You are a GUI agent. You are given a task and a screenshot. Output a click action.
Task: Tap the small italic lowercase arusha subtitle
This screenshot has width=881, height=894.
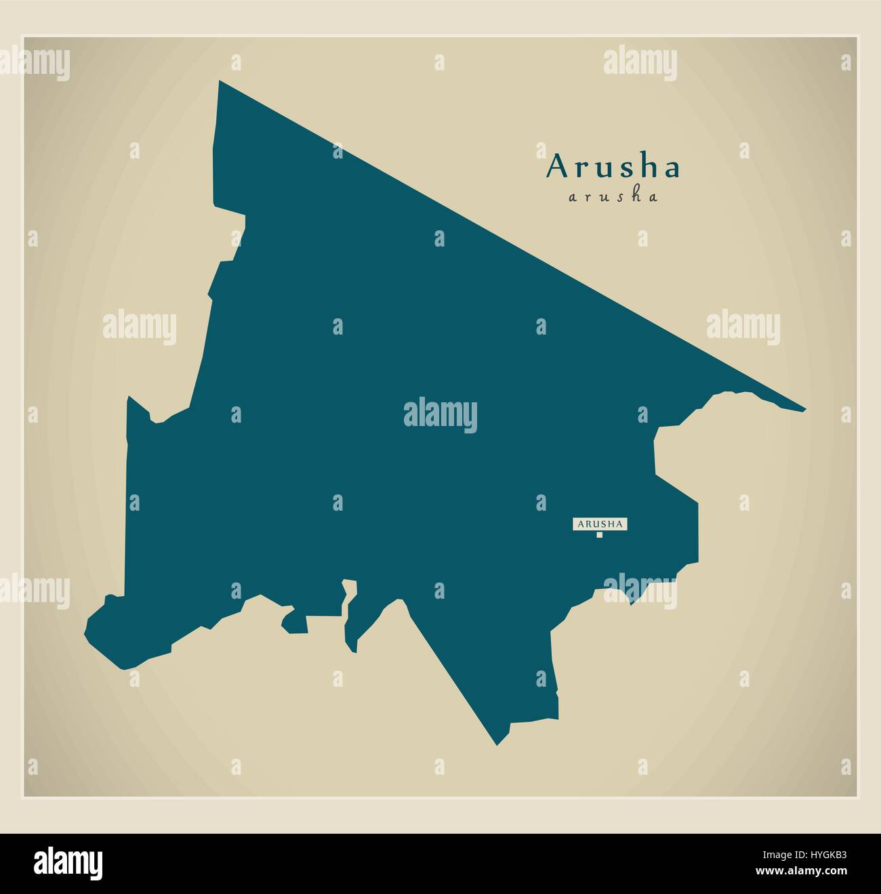(x=613, y=197)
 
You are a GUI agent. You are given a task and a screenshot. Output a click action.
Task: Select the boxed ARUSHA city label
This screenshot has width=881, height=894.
(x=600, y=524)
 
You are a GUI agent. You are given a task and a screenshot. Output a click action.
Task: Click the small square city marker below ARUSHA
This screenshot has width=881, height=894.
(x=599, y=535)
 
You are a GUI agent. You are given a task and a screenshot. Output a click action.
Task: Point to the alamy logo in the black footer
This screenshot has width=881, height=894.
(x=68, y=864)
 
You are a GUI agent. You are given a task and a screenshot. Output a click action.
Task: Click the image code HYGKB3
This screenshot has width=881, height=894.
(x=808, y=856)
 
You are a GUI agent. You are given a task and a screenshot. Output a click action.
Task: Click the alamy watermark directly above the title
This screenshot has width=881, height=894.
(x=640, y=63)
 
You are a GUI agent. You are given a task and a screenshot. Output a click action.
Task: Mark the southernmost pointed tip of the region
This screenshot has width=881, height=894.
(x=497, y=743)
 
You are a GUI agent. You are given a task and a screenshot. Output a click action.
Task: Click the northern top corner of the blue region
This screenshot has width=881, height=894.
(x=220, y=83)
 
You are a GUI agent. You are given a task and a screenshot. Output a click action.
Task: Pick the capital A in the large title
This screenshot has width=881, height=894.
(x=558, y=167)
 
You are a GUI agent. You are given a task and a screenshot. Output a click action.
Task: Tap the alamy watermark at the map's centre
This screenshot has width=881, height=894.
(x=440, y=415)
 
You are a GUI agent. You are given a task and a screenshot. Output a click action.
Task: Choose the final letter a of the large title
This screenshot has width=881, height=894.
(x=671, y=169)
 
